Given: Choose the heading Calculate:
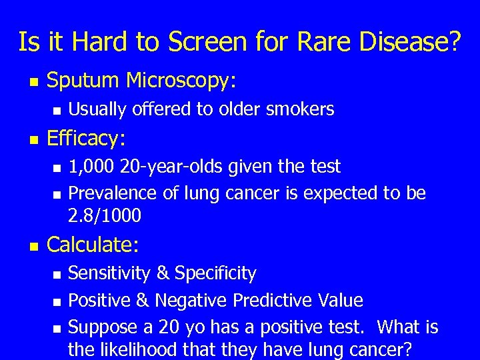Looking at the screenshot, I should click(x=93, y=245).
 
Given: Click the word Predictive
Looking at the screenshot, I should click(x=274, y=301).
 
